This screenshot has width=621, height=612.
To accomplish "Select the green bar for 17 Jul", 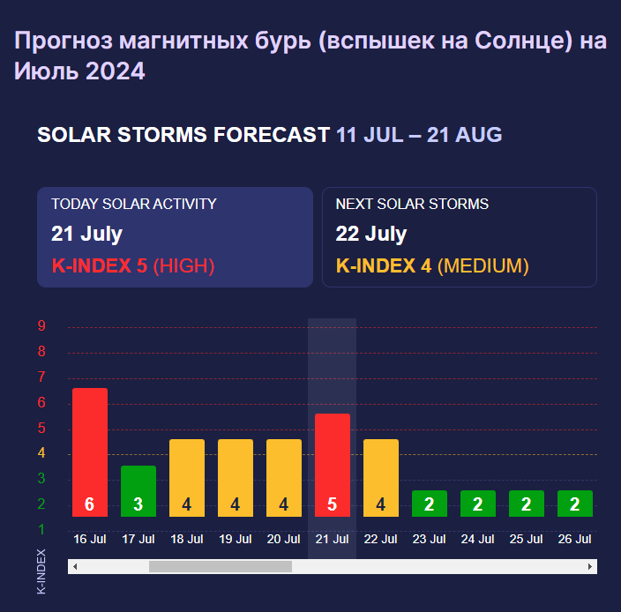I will pos(138,490).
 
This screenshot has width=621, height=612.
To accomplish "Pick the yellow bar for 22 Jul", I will pos(380,477).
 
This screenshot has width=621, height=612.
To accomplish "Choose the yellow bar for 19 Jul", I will pos(235,477).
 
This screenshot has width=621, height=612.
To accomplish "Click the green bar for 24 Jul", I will pos(477,503).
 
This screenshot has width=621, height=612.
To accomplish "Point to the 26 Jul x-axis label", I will pos(574,539).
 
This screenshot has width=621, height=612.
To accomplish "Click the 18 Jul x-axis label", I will pos(186,539).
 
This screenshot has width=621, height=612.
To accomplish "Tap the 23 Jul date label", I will pos(429,539).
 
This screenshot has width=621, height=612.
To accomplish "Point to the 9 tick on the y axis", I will pos(41,326).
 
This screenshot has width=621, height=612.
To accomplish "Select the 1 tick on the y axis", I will pos(41,529).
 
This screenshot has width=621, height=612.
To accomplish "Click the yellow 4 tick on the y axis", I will pos(41,453).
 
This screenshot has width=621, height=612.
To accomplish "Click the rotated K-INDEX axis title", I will pos(41,572).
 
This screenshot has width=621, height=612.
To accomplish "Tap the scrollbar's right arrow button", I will pos(589,566).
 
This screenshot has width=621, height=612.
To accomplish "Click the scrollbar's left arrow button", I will pos(75,566).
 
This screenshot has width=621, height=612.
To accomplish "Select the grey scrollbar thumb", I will pos(220,566).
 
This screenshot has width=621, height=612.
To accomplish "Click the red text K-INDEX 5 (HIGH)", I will pos(132,265).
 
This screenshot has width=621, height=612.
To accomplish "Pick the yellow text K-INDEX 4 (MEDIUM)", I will pos(432,265).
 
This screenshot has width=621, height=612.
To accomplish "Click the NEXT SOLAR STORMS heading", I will pos(412,204).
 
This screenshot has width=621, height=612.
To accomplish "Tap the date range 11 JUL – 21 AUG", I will pos(419,135).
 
